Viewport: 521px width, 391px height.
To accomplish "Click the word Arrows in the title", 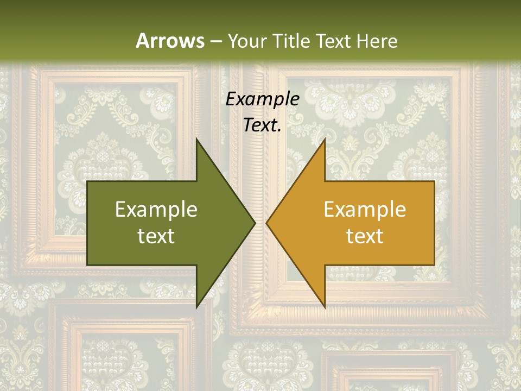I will [x=170, y=41].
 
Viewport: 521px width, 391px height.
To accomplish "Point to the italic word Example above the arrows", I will [x=262, y=99].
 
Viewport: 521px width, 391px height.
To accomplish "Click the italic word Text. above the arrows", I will [x=262, y=125].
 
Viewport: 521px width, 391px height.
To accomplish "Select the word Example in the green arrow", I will [x=156, y=210].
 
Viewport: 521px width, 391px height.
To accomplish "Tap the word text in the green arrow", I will [x=156, y=236].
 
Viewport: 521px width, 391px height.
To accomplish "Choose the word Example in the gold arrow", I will [x=365, y=210].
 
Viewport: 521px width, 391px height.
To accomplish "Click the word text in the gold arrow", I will [x=365, y=236].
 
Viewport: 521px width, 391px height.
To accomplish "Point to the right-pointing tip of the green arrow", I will [x=255, y=223].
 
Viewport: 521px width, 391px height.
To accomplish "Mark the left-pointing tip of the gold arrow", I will [x=266, y=223].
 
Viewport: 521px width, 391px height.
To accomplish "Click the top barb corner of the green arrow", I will [x=196, y=138].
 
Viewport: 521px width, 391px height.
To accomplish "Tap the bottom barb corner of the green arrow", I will [x=196, y=308].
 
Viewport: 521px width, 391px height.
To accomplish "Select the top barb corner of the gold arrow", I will [x=325, y=138].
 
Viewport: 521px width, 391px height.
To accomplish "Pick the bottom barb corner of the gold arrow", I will [x=325, y=308].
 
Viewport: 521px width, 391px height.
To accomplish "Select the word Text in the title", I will [x=334, y=41].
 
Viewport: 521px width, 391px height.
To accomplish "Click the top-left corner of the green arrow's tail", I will [x=87, y=181].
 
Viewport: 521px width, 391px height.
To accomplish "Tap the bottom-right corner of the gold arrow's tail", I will [x=434, y=265].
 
